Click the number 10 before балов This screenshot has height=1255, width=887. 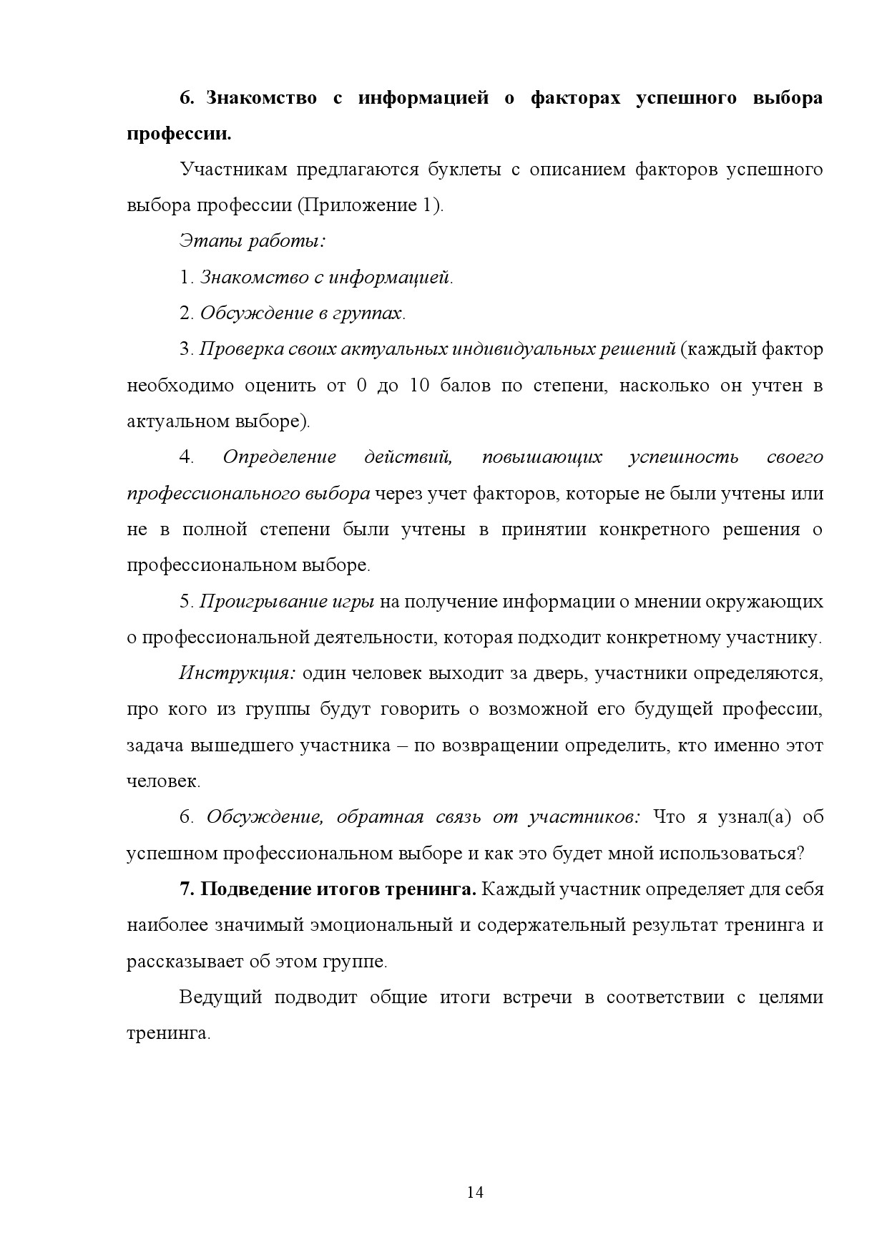(x=419, y=386)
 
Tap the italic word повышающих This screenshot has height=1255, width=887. (x=541, y=457)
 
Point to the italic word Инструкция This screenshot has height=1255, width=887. (x=237, y=673)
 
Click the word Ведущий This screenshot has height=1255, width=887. (x=220, y=997)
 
